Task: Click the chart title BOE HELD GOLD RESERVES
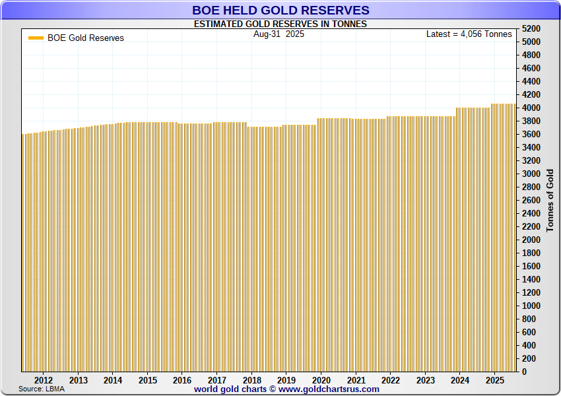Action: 280,11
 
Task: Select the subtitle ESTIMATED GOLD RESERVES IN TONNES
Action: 280,24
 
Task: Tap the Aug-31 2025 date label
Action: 279,34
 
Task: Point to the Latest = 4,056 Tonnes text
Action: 469,34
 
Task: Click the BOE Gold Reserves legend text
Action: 86,38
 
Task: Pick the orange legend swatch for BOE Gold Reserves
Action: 36,38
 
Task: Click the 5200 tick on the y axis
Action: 531,29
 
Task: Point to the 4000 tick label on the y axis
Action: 531,108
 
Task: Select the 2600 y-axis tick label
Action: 531,201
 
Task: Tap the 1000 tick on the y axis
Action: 531,306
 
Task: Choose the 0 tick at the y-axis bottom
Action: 524,372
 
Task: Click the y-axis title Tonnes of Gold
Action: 550,200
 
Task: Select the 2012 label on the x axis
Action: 44,380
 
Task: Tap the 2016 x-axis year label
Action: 182,380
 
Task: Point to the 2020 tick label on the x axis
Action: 321,380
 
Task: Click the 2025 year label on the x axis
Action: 495,380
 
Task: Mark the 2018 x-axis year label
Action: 251,380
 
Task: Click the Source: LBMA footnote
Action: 42,389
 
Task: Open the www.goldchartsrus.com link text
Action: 329,389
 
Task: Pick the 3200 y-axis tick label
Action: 531,161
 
